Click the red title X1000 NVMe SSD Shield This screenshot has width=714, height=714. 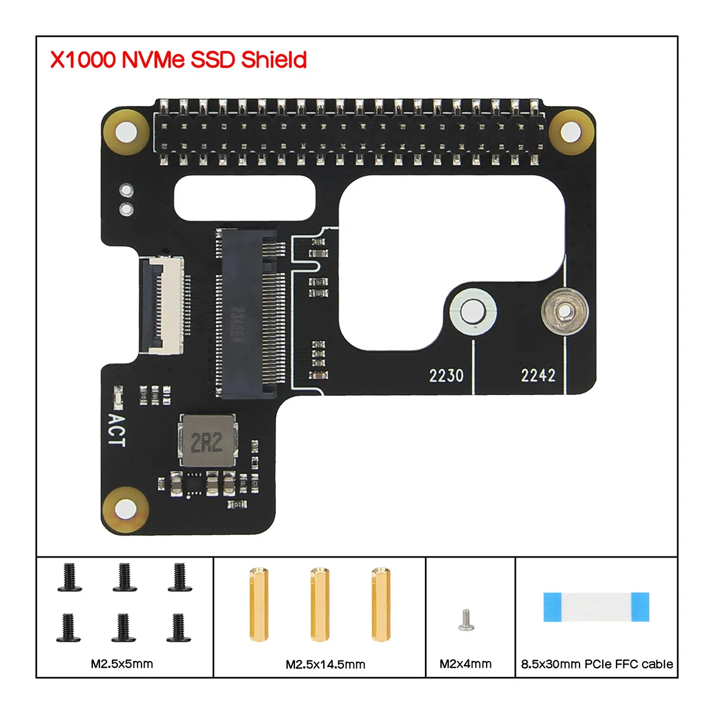tap(178, 60)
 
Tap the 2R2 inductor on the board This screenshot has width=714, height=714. tap(207, 441)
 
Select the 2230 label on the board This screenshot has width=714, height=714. tap(446, 375)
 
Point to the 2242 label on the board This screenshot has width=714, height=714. tap(538, 375)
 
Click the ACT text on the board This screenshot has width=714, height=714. tap(116, 430)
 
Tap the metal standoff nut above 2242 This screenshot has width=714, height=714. tap(564, 311)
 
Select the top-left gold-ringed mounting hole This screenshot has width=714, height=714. tap(124, 131)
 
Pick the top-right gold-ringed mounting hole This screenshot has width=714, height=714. tap(571, 131)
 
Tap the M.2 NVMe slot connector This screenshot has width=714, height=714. tap(249, 314)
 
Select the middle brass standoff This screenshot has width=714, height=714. tap(320, 605)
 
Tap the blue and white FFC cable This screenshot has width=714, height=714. tap(596, 607)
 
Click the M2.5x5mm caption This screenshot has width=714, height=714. tap(122, 664)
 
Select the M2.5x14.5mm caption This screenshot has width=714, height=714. tap(325, 665)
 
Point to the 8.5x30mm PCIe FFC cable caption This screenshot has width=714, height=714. tap(597, 664)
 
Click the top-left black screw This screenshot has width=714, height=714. tap(70, 577)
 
